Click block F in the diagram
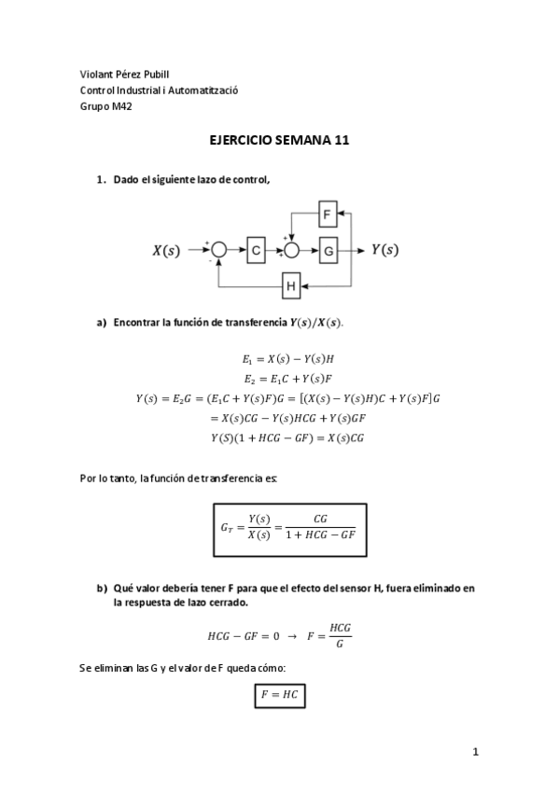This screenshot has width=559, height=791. (x=327, y=215)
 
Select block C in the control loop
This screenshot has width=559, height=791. (x=257, y=249)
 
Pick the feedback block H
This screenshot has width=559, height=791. (x=291, y=286)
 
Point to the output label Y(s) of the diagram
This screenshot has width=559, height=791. (x=384, y=249)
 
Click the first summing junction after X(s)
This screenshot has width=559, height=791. (x=218, y=249)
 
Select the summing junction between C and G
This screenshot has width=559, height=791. (x=291, y=249)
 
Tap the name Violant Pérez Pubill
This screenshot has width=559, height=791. (x=125, y=74)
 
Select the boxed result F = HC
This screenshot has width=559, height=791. (x=280, y=696)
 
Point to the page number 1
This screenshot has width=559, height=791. (x=475, y=752)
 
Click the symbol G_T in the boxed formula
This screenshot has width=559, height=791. (x=228, y=528)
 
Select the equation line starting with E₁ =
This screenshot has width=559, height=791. (x=280, y=358)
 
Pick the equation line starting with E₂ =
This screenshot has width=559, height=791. (x=280, y=379)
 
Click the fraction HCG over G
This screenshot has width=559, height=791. (x=341, y=635)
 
